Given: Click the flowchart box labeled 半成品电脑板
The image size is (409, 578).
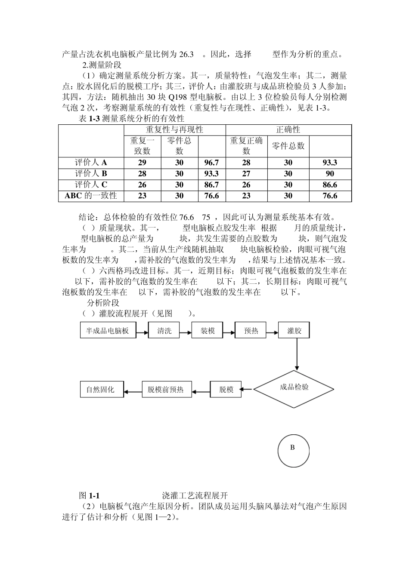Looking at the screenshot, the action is coord(108,331).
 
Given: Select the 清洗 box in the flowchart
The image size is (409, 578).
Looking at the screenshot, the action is coord(164,331).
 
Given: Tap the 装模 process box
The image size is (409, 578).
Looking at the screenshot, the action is coord(208,331).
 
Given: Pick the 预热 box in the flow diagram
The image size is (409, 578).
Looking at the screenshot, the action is coord(251,331).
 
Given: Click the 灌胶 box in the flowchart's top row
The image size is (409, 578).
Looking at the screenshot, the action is coord(294,331).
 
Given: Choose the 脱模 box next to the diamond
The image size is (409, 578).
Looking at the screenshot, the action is coord(226,390).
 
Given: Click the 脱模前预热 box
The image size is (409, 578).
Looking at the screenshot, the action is coord(166,390).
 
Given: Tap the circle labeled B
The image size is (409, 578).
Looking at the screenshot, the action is coord(293,451).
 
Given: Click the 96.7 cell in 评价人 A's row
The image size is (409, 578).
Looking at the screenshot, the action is coord(211,163).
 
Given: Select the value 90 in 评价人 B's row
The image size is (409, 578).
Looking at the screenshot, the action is coord(330,174).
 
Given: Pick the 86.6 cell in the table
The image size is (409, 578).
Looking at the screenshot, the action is coord(330,185).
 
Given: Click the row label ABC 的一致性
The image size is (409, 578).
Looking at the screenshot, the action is coord(91,196).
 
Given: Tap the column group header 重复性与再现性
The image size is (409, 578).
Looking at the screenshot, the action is coord(174,130).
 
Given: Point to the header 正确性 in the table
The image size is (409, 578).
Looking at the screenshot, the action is coord(288,130).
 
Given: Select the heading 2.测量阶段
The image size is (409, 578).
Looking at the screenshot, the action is coord(102,65).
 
